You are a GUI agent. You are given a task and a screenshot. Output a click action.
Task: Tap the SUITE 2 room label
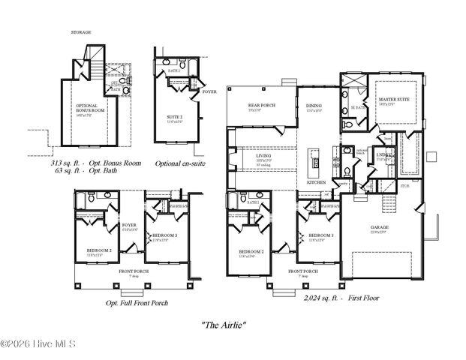click(174, 118)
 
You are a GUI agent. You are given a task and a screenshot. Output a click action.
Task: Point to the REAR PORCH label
click(260, 106)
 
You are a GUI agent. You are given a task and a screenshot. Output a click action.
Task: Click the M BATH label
click(358, 107)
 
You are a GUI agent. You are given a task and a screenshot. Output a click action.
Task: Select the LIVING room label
click(263, 156)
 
